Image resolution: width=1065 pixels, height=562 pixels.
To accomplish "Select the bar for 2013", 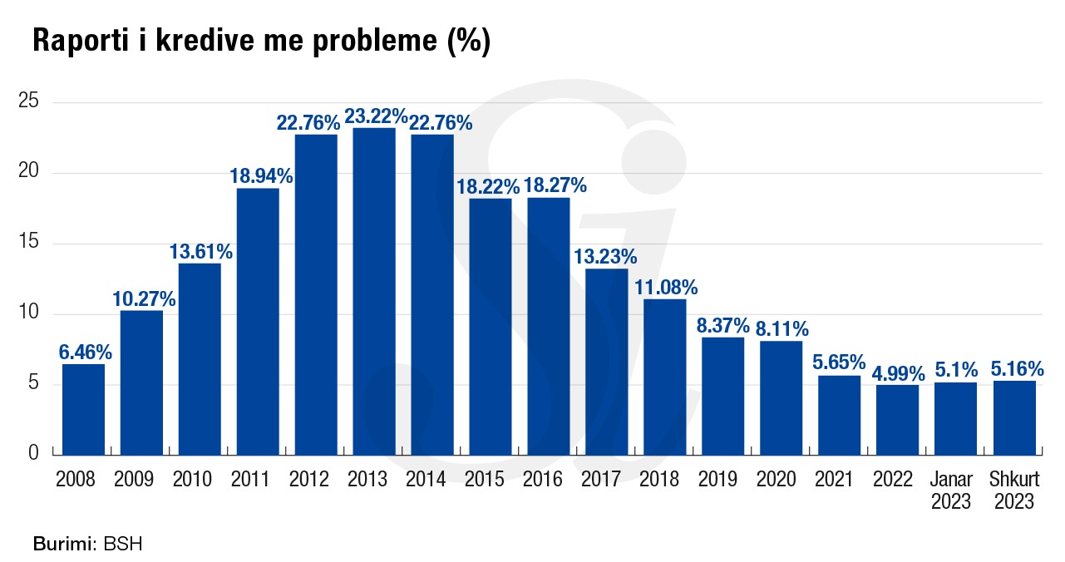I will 374,291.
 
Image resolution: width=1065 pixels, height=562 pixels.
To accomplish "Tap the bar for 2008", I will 83,409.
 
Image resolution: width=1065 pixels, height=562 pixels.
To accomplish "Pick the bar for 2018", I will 665,377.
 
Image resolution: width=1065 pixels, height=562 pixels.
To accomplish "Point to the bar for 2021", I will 839,415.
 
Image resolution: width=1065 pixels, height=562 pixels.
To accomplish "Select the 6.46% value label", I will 85,352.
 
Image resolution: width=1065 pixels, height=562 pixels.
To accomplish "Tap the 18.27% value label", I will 556,185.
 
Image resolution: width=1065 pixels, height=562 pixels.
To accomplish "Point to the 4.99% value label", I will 897,372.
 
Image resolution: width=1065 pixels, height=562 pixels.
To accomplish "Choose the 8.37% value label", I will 723,325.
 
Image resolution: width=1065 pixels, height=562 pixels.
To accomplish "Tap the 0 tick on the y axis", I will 34,453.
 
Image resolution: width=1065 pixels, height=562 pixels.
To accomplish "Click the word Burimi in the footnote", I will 65,545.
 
